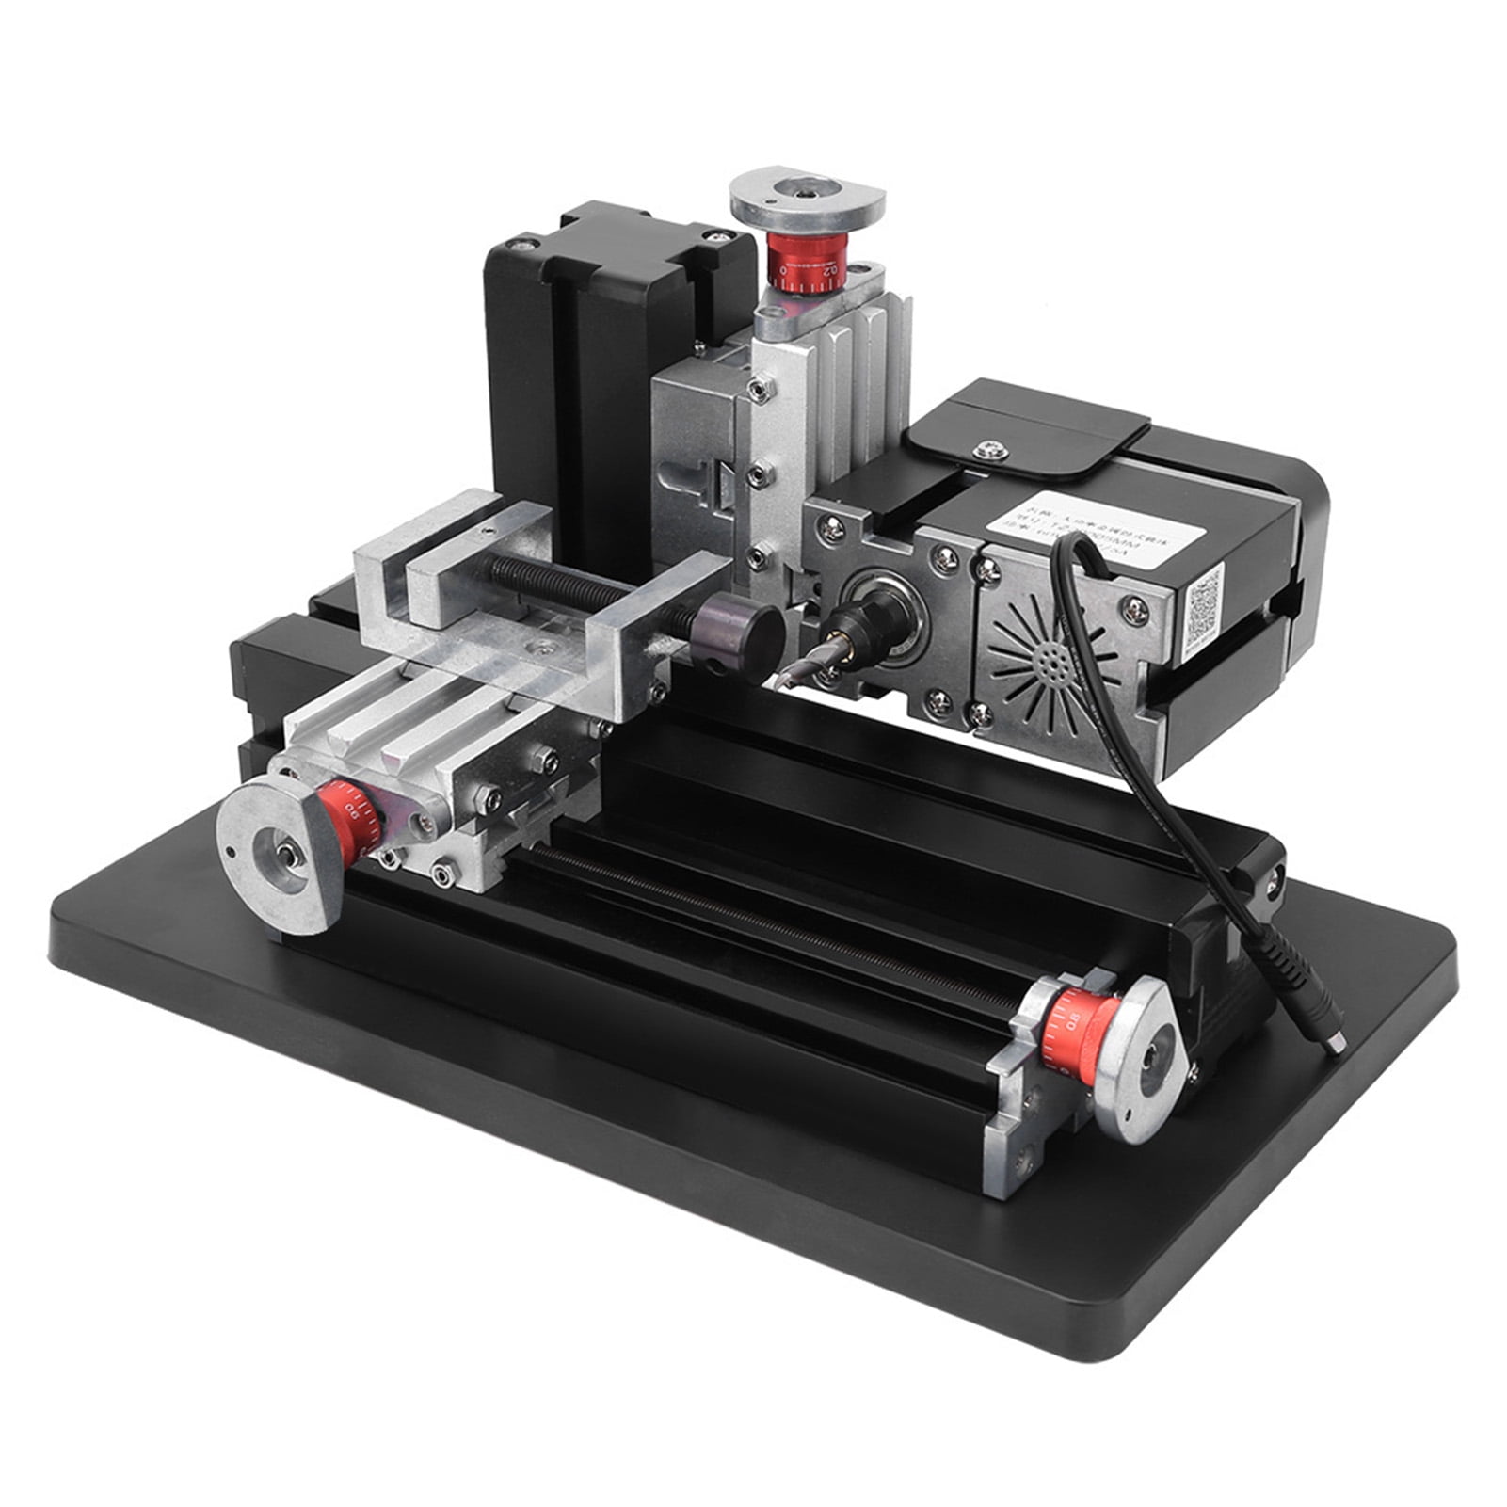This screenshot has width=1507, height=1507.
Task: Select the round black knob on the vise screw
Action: click(744, 629)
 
